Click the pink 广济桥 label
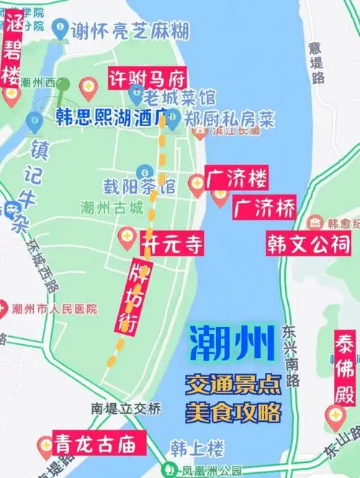pyautogui.click(x=264, y=209)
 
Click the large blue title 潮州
pyautogui.click(x=233, y=344)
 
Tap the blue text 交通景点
pyautogui.click(x=233, y=384)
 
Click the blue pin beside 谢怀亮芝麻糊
pyautogui.click(x=60, y=28)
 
